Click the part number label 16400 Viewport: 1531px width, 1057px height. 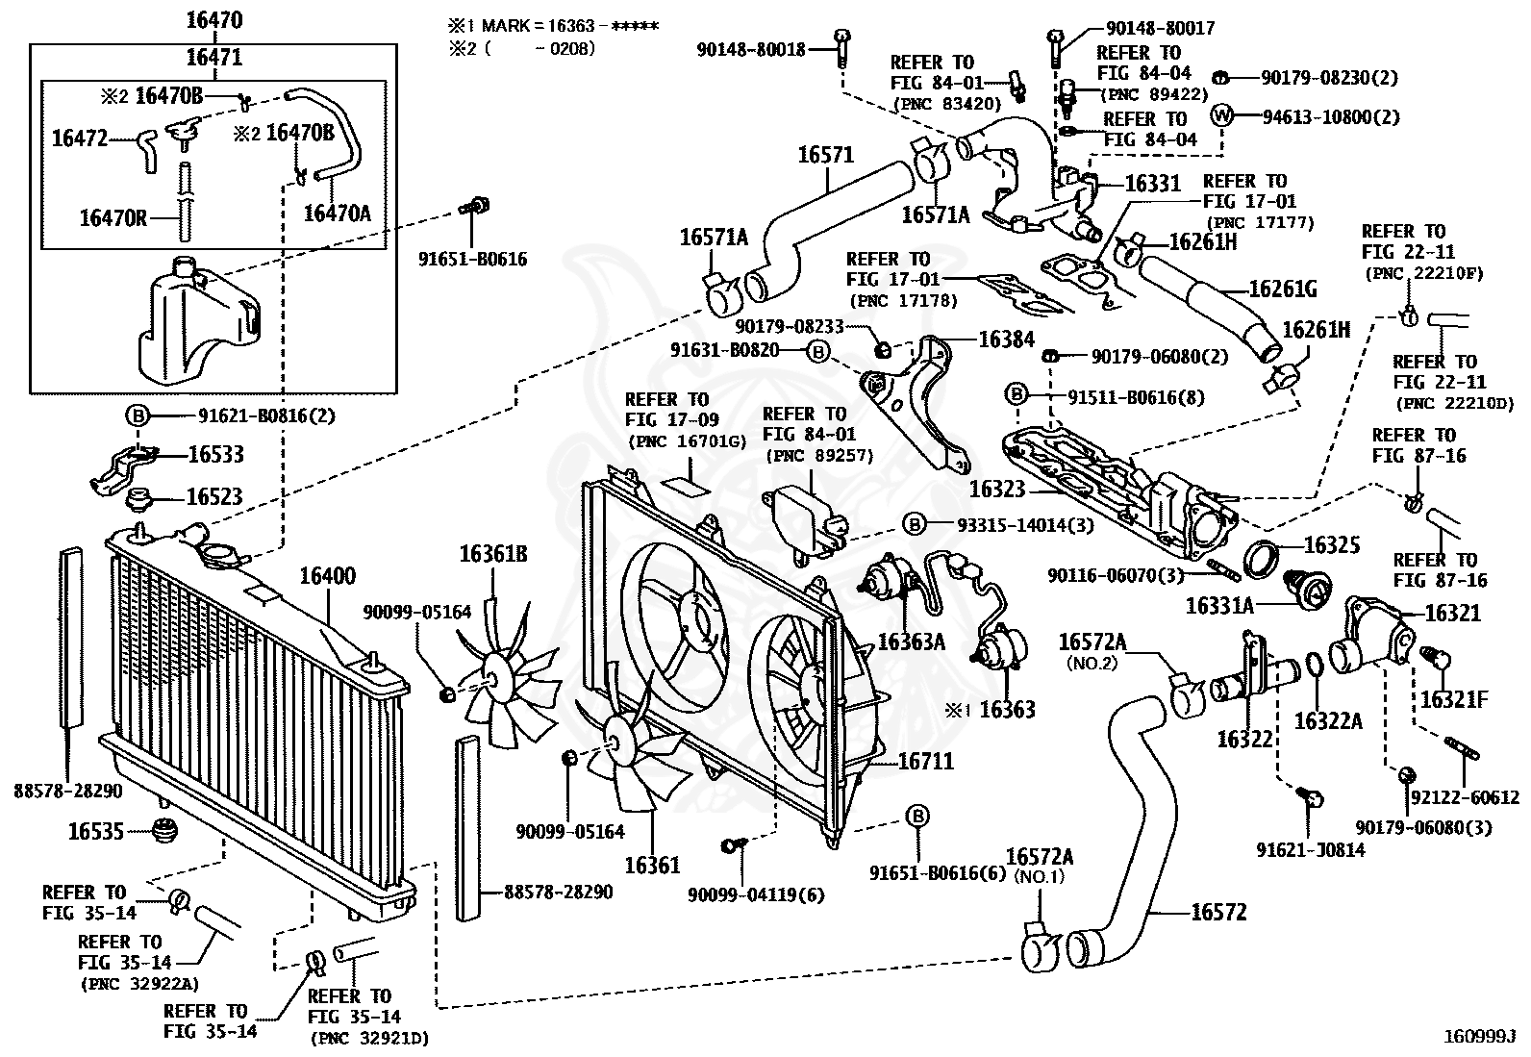pos(328,576)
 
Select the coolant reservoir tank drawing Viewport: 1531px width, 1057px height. pos(200,320)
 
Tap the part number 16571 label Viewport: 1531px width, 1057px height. pos(826,155)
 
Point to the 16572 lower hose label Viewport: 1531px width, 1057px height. pos(1218,912)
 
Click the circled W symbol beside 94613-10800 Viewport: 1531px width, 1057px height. pos(1220,114)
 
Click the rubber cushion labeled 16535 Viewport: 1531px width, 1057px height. pos(164,830)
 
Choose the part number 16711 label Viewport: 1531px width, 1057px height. pos(925,761)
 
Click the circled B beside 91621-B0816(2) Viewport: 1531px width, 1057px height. pos(138,415)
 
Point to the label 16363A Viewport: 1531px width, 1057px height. pos(911,642)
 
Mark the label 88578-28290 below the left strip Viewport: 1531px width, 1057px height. pos(68,791)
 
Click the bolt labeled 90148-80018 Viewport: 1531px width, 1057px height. pos(842,48)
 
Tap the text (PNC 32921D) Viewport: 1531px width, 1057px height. pos(369,1039)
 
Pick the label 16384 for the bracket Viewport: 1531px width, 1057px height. pos(1006,340)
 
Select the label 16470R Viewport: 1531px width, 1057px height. pos(113,218)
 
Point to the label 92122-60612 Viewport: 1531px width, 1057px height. pos(1466,797)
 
